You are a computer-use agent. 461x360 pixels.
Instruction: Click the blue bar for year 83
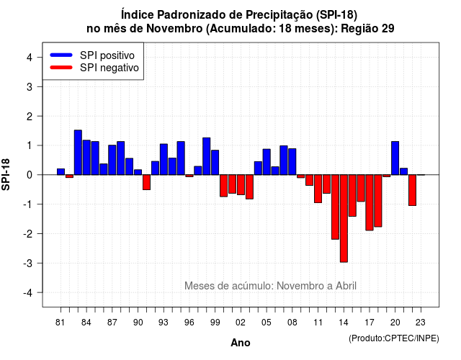[78, 152]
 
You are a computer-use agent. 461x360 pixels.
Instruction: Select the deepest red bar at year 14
[344, 218]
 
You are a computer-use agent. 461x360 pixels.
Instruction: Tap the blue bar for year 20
[395, 158]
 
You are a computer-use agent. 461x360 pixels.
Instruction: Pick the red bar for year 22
[412, 190]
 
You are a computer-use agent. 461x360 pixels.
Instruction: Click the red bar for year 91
[146, 182]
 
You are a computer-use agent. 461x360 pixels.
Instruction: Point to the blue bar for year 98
[207, 156]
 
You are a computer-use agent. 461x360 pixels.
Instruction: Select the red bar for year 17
[370, 202]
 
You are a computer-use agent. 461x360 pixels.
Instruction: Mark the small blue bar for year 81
[61, 171]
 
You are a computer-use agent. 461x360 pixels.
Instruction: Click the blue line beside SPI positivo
[61, 55]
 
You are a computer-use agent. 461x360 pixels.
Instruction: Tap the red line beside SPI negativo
[61, 68]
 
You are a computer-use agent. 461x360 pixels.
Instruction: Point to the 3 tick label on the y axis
[30, 86]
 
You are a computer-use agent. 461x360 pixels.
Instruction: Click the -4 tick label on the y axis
[28, 293]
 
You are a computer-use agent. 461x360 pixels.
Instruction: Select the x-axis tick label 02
[240, 323]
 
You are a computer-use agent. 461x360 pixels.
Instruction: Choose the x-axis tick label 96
[189, 323]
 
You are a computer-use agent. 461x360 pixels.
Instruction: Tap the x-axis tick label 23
[421, 323]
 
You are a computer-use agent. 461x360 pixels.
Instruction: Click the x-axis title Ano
[241, 343]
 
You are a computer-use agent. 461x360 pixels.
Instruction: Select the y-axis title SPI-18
[6, 174]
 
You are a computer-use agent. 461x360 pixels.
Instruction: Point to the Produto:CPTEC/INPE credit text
[394, 338]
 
